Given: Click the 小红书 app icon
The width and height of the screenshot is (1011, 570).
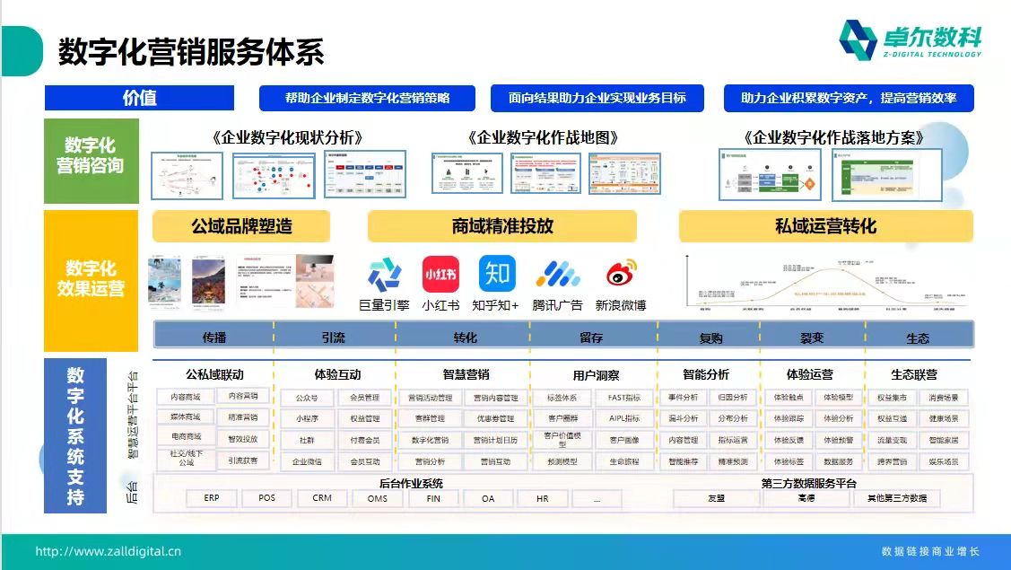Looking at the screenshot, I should point(440,274).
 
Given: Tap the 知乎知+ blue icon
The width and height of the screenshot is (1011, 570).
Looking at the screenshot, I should point(496,274).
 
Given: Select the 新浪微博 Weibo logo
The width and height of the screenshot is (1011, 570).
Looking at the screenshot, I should point(621,274).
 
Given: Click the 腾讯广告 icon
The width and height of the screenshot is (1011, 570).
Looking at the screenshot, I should point(557,274).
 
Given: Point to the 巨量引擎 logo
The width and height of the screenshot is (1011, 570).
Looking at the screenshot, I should point(385,274).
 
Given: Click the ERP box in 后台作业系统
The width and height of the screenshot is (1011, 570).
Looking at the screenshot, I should point(212,498).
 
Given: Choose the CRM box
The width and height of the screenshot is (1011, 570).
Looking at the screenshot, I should point(322,498).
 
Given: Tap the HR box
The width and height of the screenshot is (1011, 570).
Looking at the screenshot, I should point(542,498).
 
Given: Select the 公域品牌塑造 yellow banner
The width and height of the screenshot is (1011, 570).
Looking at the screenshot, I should point(241,226).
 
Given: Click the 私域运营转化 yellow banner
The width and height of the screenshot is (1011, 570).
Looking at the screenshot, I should point(825,226).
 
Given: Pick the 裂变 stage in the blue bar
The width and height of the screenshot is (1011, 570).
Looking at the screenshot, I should point(812,338).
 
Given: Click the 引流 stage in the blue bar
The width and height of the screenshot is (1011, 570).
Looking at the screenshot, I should point(333,338).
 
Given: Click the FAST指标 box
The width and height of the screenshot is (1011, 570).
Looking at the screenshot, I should point(624,398).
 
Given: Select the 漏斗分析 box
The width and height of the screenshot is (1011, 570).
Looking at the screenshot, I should point(684,418).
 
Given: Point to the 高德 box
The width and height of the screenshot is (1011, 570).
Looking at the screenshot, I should point(806,498).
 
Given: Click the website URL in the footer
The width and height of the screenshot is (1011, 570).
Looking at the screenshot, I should point(109,551).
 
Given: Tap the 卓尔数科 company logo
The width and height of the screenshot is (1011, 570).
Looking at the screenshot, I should point(910,40).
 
